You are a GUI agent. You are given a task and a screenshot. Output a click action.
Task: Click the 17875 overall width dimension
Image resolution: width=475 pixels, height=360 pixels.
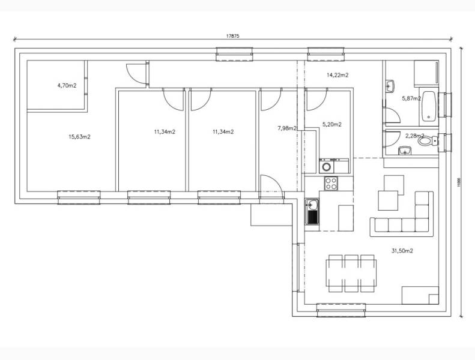point(233,37)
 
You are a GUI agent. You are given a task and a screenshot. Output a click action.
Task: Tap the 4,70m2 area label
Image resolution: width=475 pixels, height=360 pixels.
point(67,86)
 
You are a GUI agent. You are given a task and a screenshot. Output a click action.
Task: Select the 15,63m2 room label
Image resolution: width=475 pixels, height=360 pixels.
point(79,137)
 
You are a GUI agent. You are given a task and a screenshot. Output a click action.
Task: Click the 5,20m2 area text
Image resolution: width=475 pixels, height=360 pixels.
point(331,125)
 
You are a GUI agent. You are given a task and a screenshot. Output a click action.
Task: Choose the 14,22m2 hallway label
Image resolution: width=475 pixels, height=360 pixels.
point(337,76)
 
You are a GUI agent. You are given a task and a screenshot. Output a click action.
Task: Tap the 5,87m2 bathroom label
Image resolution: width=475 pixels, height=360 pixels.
point(411,98)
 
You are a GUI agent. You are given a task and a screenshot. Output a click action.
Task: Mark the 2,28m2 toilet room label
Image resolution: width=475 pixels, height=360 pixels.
point(414,136)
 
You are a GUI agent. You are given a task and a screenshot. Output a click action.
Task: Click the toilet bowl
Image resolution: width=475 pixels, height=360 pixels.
point(426,143)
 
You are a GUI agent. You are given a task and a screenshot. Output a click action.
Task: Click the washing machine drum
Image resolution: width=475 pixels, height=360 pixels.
point(327,166)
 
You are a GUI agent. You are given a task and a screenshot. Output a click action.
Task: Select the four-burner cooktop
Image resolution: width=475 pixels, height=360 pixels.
point(331,184)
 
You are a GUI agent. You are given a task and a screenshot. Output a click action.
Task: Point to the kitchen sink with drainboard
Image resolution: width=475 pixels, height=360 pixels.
point(312,212)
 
